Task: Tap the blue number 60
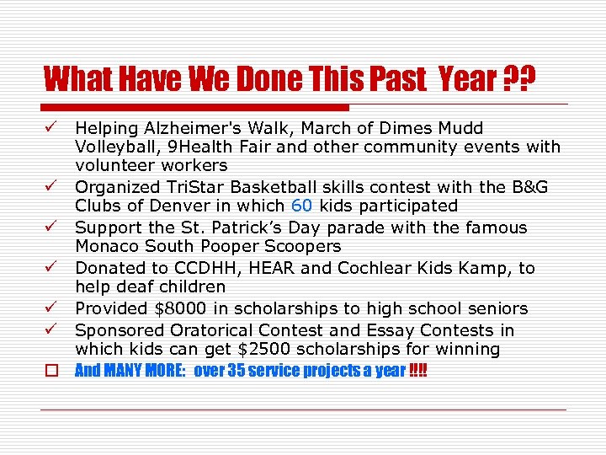(302, 206)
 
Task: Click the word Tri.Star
(190, 187)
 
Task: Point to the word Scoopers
(300, 246)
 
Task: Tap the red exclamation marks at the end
(417, 371)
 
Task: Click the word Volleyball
(114, 147)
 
